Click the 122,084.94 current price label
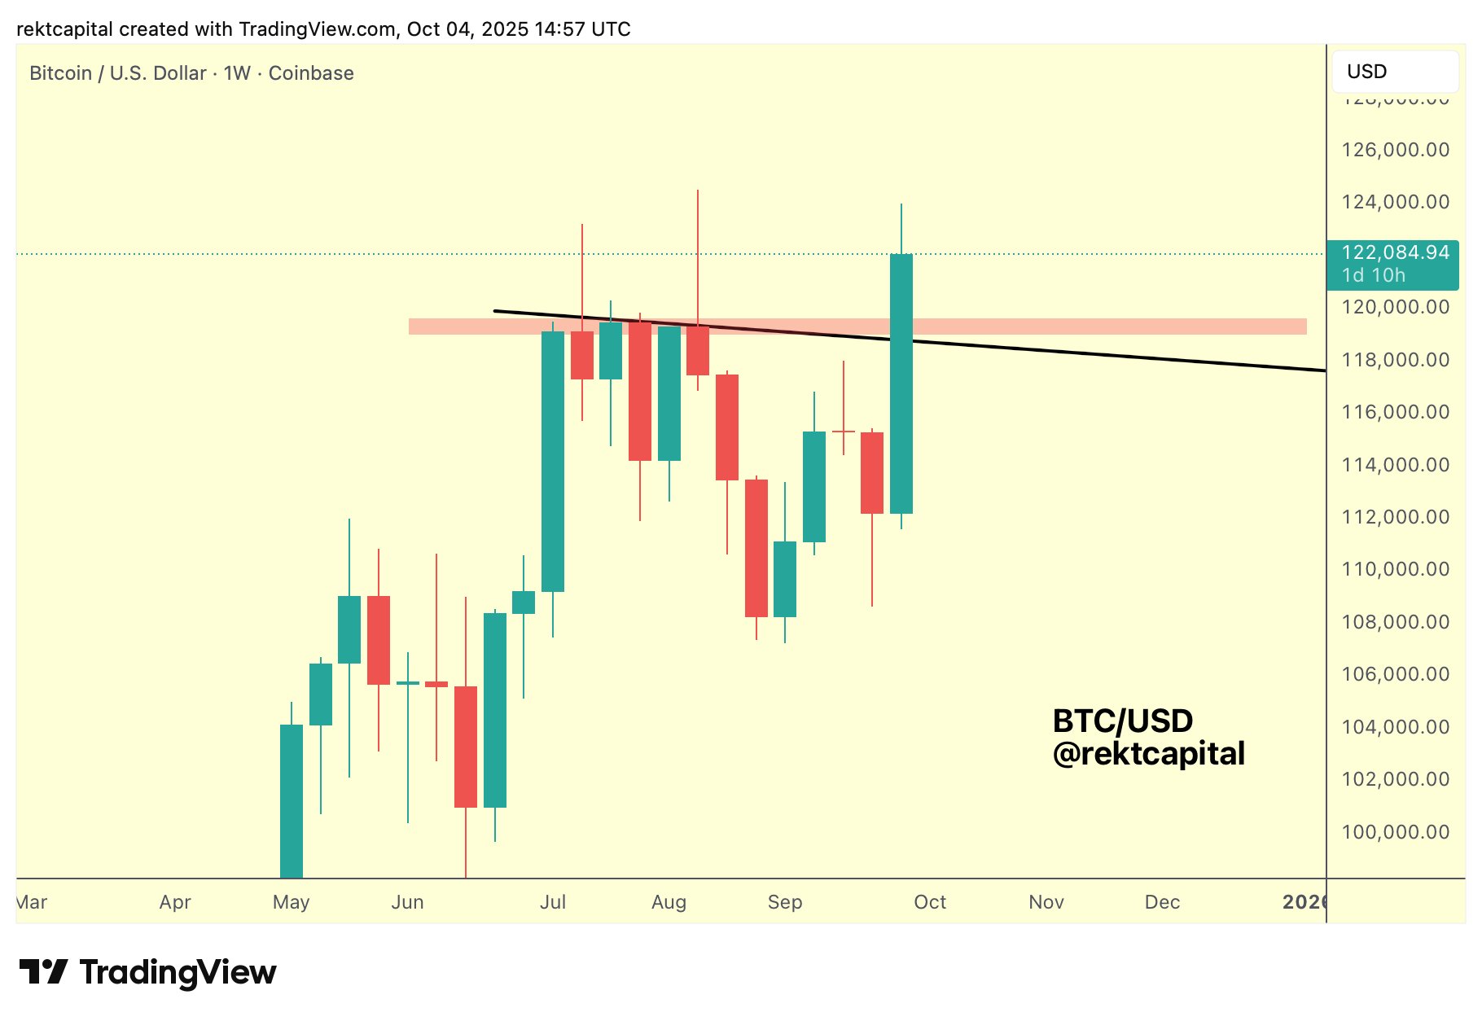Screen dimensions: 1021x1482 tap(1395, 252)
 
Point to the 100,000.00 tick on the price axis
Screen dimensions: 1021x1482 tap(1395, 832)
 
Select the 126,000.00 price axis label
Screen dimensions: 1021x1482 tap(1395, 150)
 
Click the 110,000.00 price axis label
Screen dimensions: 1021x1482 tap(1395, 569)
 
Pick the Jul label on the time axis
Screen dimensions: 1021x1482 tap(553, 902)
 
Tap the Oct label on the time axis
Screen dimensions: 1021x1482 tap(930, 902)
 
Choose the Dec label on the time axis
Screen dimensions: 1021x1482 tap(1162, 902)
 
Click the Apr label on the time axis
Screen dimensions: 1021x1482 tap(175, 902)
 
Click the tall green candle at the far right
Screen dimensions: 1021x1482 tap(901, 383)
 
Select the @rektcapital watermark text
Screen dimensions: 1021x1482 tap(1148, 754)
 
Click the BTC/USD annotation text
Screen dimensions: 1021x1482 tap(1122, 721)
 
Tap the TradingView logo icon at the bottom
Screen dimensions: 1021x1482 tap(43, 972)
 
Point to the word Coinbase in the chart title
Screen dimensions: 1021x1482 tap(311, 73)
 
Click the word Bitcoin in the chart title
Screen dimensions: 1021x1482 tap(60, 73)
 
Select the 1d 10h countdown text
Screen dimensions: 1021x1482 tap(1373, 275)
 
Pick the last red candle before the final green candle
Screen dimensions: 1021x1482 tap(872, 472)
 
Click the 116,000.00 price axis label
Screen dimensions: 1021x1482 tap(1395, 412)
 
